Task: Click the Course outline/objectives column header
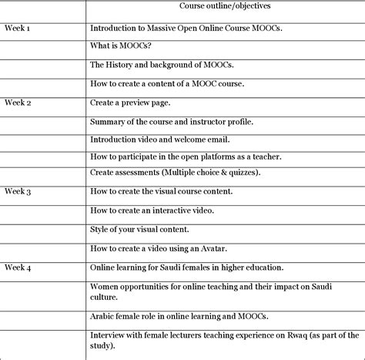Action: (x=223, y=7)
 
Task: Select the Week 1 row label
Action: (x=18, y=28)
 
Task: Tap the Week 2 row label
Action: (x=18, y=103)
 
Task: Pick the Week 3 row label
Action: (x=18, y=191)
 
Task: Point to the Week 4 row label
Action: (x=18, y=267)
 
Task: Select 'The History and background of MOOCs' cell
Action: (x=162, y=66)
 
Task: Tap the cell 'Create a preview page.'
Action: (x=130, y=103)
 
